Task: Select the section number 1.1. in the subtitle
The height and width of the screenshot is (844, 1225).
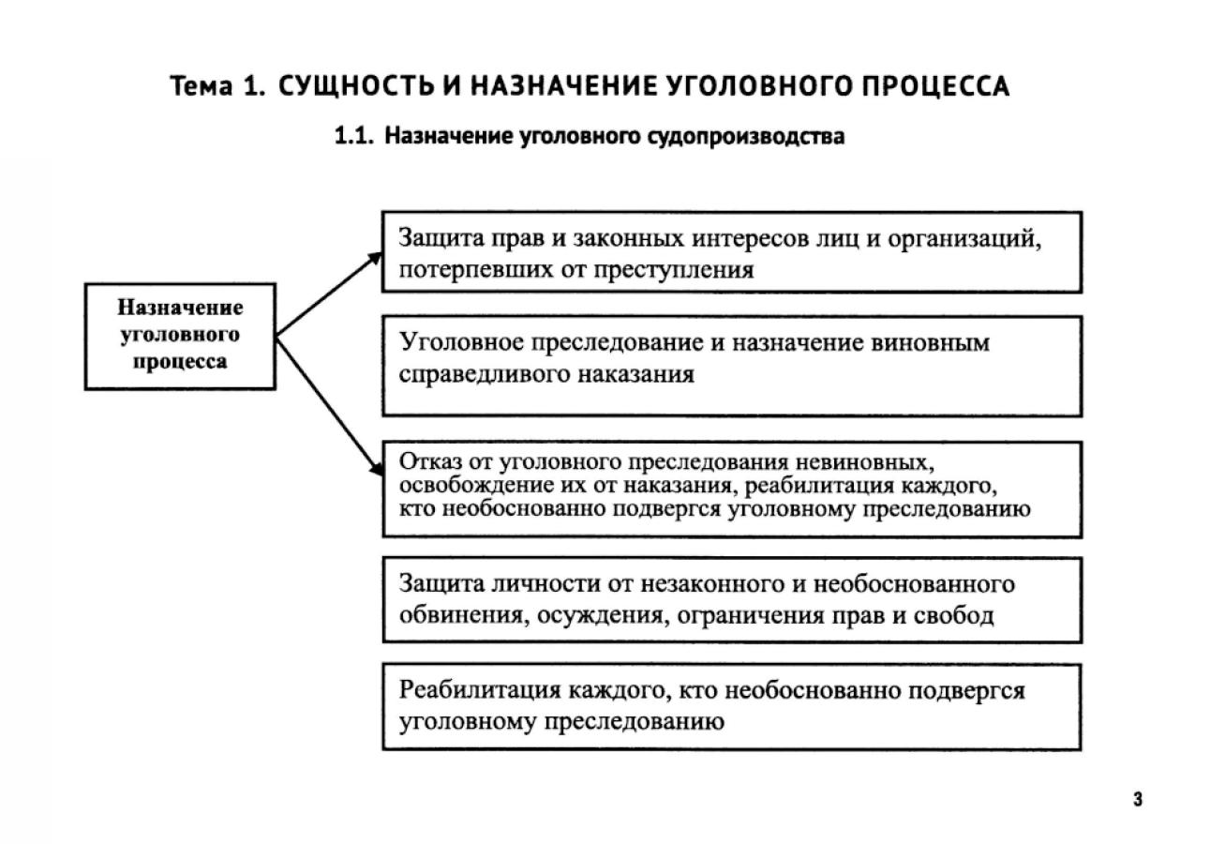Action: [355, 137]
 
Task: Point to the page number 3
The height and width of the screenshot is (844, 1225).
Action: [1138, 800]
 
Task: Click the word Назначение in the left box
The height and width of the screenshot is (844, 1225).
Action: [181, 309]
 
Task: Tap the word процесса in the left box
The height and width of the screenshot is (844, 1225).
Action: [180, 362]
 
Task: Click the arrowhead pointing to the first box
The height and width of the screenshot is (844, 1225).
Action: [377, 255]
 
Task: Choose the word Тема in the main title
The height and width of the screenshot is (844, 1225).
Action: [201, 87]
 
